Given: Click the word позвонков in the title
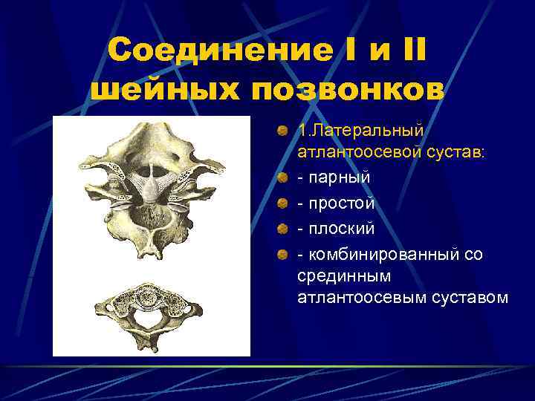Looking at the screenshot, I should [348, 90].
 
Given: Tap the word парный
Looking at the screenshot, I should [339, 178].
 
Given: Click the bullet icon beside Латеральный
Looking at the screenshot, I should [282, 131].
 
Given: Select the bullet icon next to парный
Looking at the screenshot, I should [282, 179].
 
